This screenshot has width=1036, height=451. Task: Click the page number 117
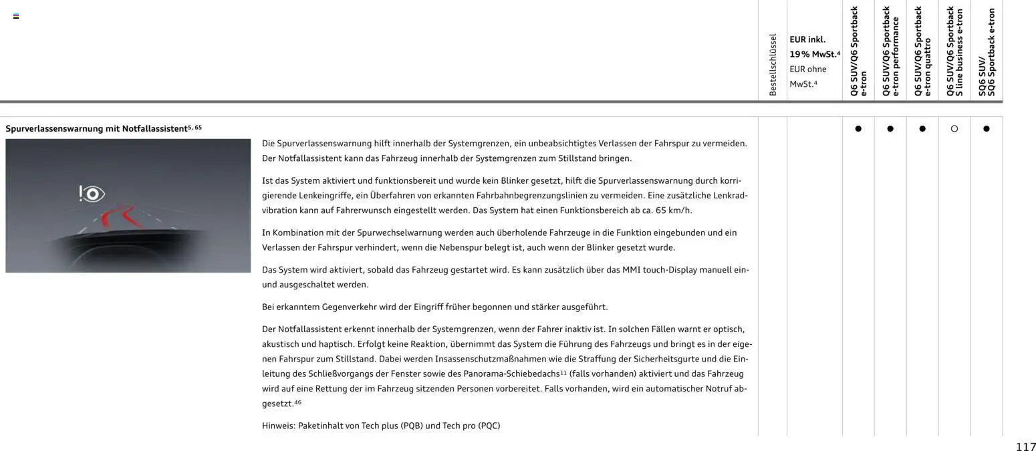(x=1025, y=446)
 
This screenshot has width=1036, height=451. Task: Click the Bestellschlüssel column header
(x=773, y=64)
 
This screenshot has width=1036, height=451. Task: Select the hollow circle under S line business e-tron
(x=954, y=129)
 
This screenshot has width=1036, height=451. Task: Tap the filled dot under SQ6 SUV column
(x=986, y=129)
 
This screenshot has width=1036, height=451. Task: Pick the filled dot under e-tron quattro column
(x=922, y=129)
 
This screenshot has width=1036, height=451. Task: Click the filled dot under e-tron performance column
(x=890, y=129)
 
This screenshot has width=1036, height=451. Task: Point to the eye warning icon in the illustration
(x=92, y=194)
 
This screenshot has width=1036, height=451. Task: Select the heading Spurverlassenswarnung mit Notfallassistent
(x=96, y=128)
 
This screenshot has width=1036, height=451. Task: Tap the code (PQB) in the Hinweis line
(x=411, y=426)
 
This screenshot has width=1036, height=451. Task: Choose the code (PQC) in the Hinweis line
(x=489, y=426)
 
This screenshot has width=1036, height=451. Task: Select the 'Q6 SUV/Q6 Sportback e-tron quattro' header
(x=922, y=51)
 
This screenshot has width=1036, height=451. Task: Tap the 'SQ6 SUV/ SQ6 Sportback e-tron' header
(x=986, y=51)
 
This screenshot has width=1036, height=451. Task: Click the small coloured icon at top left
(x=16, y=16)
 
